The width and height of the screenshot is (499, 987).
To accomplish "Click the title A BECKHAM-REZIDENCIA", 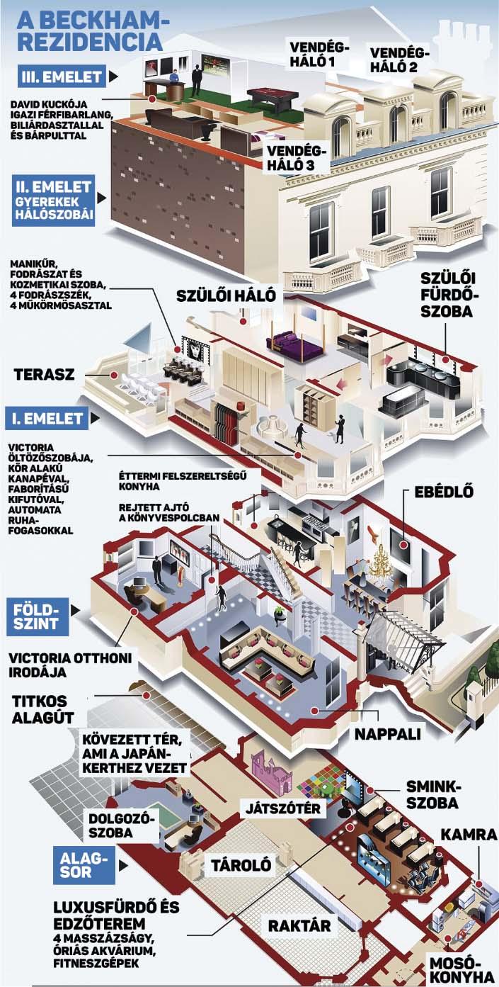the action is click(88, 31).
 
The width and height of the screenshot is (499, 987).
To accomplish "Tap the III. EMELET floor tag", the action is click(62, 77).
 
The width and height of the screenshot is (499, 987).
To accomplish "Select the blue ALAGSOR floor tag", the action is click(84, 865).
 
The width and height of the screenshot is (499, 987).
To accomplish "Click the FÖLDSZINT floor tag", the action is click(37, 616).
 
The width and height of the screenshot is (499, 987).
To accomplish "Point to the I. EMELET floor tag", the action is click(47, 419).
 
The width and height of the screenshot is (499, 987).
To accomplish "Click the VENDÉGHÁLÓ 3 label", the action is click(297, 158).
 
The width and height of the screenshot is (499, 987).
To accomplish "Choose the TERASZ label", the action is click(45, 375).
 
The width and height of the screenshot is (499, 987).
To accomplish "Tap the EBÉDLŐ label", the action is click(444, 491).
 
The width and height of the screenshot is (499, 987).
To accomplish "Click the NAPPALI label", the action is click(388, 734).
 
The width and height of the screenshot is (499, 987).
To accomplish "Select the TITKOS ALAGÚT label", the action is click(42, 709).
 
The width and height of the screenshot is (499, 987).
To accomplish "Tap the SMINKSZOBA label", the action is click(432, 794).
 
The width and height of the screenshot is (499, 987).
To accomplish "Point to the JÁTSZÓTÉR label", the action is click(283, 808).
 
